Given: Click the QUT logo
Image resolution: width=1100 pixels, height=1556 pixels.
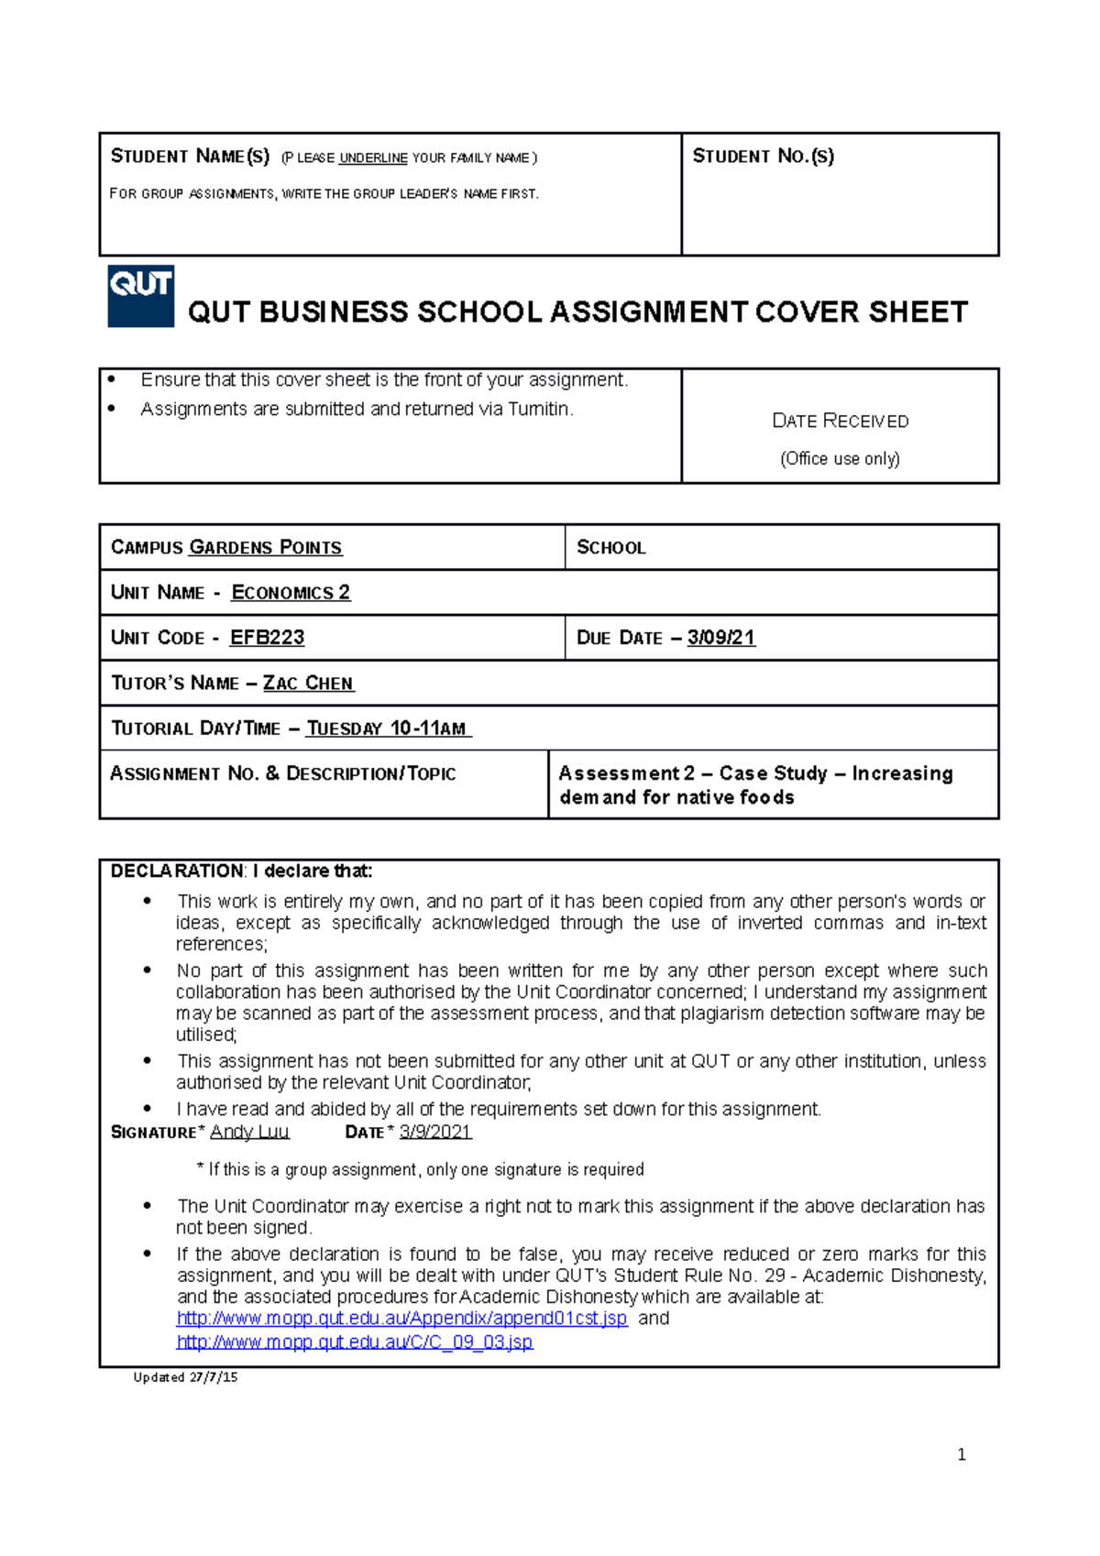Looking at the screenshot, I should click(140, 295).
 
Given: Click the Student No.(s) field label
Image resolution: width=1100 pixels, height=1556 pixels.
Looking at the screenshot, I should click(763, 157).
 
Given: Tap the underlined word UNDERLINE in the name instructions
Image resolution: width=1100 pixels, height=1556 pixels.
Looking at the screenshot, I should click(373, 159).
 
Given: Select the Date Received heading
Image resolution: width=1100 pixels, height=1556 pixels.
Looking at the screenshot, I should click(840, 421).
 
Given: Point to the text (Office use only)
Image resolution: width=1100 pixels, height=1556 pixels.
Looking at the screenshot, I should click(840, 458).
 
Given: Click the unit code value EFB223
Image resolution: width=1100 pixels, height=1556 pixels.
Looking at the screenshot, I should click(267, 638).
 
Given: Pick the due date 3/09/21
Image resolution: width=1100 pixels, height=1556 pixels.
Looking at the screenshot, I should click(720, 638).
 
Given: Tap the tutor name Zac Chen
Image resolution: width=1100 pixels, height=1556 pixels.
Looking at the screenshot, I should click(308, 684).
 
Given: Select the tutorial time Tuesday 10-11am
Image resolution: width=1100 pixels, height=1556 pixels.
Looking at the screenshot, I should click(388, 729).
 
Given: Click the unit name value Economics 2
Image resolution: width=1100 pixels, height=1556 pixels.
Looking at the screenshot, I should click(291, 593).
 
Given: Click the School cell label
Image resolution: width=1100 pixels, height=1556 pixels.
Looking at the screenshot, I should click(610, 548).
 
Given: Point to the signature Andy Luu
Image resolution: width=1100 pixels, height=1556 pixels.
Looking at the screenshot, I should click(249, 1132).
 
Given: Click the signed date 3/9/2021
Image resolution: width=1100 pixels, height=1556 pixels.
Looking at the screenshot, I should click(434, 1132).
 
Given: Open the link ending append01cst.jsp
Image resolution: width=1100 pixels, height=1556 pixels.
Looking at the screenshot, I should click(401, 1319).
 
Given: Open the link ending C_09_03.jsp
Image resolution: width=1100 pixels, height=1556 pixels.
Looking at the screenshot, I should click(354, 1342).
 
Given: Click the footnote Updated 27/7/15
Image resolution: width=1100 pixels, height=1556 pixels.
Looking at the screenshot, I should click(185, 1377).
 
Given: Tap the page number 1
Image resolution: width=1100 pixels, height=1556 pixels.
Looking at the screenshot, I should click(961, 1454).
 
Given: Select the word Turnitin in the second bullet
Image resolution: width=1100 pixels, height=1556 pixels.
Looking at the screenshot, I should click(539, 410).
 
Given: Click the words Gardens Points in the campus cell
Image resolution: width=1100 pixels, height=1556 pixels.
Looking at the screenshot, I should click(265, 548).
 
